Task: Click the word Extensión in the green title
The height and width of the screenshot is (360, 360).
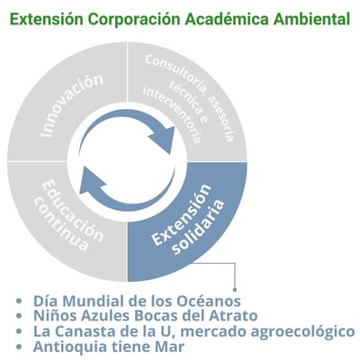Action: [x=47, y=20]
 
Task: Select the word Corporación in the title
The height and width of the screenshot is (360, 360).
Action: [x=134, y=20]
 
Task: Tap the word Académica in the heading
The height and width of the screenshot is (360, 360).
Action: [x=227, y=20]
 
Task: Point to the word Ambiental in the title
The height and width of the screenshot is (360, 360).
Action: [x=311, y=20]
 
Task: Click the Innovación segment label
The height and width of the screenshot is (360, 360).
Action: [x=71, y=105]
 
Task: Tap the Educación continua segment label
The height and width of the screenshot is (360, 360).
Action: [x=69, y=215]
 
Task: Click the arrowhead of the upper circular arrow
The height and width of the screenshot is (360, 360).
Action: [x=164, y=139]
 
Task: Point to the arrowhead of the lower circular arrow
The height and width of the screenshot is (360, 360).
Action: [x=92, y=181]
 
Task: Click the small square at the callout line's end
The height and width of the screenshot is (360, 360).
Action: [x=235, y=290]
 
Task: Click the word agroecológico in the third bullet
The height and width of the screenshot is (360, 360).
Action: [x=302, y=332]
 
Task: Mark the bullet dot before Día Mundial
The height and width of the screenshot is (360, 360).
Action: [x=19, y=301]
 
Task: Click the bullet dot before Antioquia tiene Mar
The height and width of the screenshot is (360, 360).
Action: [x=19, y=346]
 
